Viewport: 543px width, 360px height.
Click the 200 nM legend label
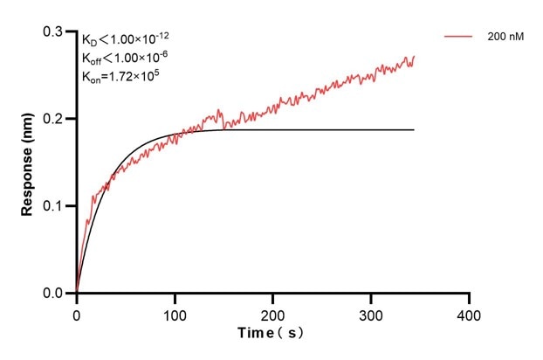tap(505, 38)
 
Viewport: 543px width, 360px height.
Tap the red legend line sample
tap(459, 38)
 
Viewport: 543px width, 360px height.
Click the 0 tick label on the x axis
tap(77, 313)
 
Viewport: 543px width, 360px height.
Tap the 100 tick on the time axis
tap(175, 313)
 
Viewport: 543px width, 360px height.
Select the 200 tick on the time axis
tap(273, 313)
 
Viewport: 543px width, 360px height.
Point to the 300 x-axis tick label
tap(372, 313)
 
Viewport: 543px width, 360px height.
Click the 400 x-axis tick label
tap(470, 313)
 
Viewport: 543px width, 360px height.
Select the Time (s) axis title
tap(271, 334)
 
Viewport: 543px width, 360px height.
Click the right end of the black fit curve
tap(414, 129)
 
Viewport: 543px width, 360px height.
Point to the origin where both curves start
tap(77, 293)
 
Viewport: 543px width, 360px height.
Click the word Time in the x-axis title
tap(256, 334)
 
